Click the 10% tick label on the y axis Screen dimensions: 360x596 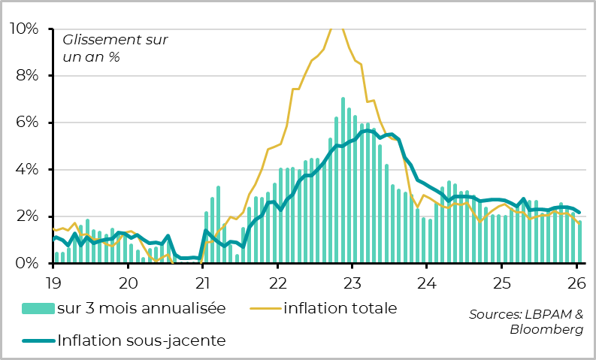tap(23, 29)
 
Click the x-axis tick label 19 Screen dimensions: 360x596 tap(53, 283)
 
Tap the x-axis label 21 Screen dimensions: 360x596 tap(202, 283)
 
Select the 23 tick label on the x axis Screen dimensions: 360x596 tap(352, 283)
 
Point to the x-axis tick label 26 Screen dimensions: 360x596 tap(576, 283)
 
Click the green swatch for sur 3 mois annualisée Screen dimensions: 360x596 tap(38, 308)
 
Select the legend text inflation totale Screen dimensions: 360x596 tap(340, 308)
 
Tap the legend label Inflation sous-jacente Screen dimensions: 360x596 tap(141, 340)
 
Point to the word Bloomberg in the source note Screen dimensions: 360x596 tap(546, 329)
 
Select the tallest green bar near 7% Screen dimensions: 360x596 tap(343, 180)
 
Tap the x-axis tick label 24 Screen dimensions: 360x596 tap(427, 283)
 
